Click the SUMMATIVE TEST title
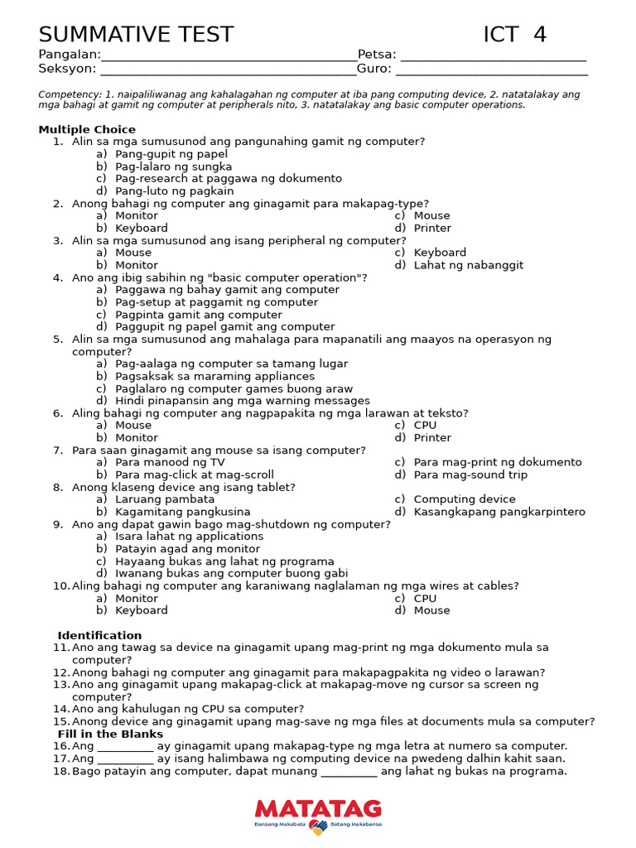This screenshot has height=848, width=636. pyautogui.click(x=136, y=35)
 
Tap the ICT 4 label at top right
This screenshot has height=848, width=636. pyautogui.click(x=514, y=35)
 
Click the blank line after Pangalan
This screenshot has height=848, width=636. pyautogui.click(x=229, y=56)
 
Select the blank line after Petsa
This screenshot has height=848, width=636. pyautogui.click(x=493, y=56)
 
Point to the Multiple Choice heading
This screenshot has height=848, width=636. pyautogui.click(x=87, y=129)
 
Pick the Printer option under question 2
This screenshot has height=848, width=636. pyautogui.click(x=432, y=228)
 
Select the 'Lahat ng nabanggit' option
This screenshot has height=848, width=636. pyautogui.click(x=469, y=265)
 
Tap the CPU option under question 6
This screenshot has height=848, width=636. pyautogui.click(x=425, y=426)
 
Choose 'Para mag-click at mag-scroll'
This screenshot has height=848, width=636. pyautogui.click(x=195, y=475)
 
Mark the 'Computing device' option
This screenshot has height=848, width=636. pyautogui.click(x=465, y=499)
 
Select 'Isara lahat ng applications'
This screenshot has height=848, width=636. pyautogui.click(x=190, y=537)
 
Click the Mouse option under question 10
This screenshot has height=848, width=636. pyautogui.click(x=431, y=610)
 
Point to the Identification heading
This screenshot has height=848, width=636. pyautogui.click(x=99, y=635)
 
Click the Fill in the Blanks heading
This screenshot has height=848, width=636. pyautogui.click(x=110, y=734)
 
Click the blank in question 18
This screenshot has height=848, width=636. pyautogui.click(x=349, y=772)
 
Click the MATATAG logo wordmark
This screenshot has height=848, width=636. pyautogui.click(x=318, y=809)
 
